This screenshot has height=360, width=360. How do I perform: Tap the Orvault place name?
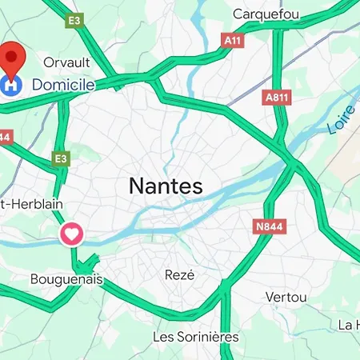66,62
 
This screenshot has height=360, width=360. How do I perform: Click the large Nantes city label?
166,187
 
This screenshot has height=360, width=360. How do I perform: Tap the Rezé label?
179,274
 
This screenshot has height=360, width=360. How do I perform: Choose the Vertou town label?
286,297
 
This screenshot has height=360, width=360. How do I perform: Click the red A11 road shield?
233,39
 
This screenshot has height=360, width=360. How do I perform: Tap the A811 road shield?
275,96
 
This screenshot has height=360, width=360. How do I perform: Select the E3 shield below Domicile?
61,159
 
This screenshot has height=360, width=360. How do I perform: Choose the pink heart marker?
72,234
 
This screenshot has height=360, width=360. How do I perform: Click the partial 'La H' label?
349,324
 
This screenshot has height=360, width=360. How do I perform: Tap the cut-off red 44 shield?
4,137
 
